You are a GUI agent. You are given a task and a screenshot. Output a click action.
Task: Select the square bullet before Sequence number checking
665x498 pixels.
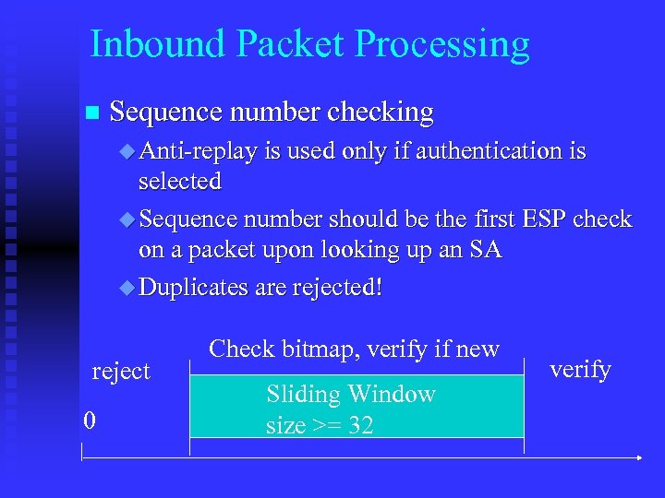point(90,113)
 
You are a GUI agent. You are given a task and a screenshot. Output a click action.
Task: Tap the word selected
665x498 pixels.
point(180,181)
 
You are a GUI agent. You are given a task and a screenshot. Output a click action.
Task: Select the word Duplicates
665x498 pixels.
point(193,287)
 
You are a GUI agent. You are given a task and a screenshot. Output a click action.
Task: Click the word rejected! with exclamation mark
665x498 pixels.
point(337,287)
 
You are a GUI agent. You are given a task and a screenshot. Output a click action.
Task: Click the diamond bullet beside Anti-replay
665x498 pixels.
point(127,150)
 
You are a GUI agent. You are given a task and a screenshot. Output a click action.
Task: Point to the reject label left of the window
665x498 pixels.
point(121,371)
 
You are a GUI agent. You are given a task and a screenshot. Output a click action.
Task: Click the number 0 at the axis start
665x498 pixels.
point(89,421)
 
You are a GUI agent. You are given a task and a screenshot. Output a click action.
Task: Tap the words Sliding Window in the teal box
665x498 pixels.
point(350,395)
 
